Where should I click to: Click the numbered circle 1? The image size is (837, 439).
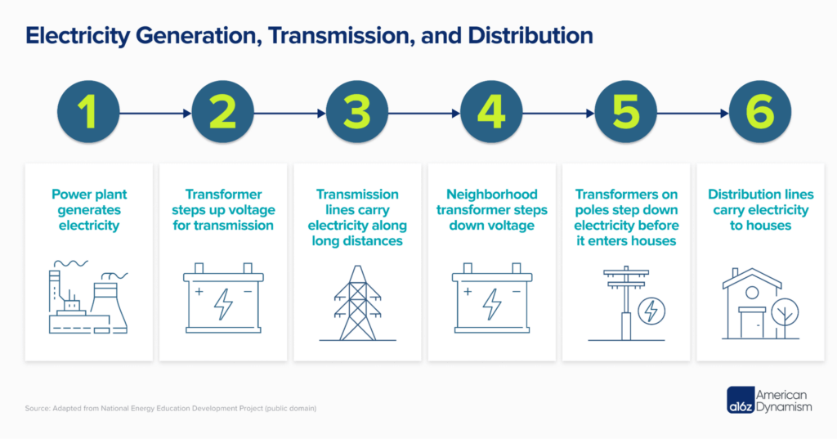click(89, 114)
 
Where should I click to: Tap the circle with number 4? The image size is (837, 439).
click(491, 114)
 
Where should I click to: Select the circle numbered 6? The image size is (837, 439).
click(759, 114)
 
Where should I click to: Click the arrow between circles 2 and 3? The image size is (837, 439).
click(290, 114)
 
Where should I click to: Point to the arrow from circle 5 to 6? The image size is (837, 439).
click(692, 114)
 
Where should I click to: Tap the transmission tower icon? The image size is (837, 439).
click(357, 302)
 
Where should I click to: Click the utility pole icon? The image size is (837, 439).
click(625, 302)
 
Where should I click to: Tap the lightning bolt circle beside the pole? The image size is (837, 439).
click(651, 311)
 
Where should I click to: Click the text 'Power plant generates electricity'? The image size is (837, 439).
click(89, 209)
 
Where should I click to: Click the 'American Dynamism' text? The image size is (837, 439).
click(785, 398)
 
